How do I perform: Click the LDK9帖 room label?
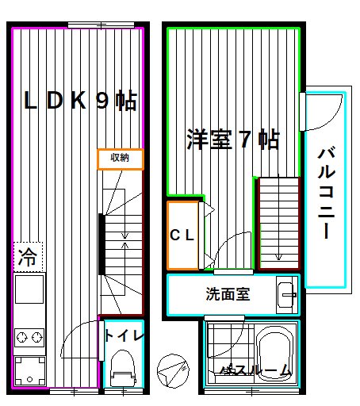tap(79, 101)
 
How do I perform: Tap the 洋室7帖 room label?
tap(232, 140)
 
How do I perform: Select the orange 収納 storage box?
tap(121, 159)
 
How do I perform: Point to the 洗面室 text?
tap(228, 295)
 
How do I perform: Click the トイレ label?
tap(124, 336)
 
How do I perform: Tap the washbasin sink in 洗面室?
tap(286, 296)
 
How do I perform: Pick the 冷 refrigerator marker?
tap(28, 257)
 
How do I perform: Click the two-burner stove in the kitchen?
tap(29, 339)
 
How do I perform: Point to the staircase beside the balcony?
tap(278, 223)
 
